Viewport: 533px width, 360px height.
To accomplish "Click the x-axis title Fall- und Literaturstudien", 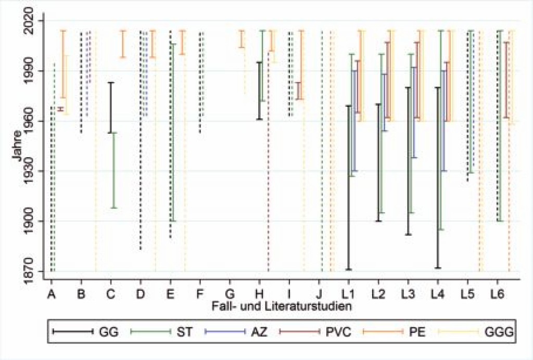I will click(x=280, y=306).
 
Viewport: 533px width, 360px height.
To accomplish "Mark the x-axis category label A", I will click(x=51, y=294).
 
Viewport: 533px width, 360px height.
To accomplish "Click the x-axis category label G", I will click(x=229, y=294).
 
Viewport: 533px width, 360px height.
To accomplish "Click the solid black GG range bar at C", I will click(x=110, y=107).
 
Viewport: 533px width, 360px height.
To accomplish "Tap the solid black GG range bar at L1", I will click(x=349, y=187).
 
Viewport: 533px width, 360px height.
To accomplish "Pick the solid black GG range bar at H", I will click(x=259, y=91).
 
